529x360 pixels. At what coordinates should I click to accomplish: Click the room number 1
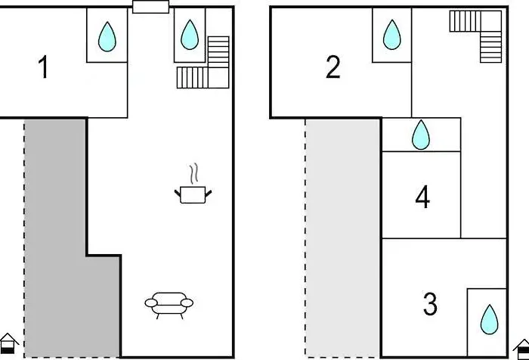tap(43, 67)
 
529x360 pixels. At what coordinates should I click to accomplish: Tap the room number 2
tap(333, 67)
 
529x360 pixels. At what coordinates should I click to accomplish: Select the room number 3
tap(430, 304)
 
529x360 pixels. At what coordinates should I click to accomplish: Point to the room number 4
tap(422, 197)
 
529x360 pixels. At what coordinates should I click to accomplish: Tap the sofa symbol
tap(169, 305)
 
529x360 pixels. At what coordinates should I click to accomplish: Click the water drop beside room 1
tap(107, 36)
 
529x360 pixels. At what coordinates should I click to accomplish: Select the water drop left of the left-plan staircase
tap(190, 35)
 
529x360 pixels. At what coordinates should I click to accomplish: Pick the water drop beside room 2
tap(392, 35)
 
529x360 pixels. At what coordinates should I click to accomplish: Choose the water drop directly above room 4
tap(421, 135)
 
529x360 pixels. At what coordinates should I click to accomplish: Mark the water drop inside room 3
tap(489, 319)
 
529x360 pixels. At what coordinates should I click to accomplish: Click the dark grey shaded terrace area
tap(56, 237)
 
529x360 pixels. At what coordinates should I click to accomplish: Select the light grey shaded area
tap(343, 237)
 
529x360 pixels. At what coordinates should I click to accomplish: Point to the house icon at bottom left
tap(8, 343)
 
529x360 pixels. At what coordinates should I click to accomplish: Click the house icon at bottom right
tap(521, 349)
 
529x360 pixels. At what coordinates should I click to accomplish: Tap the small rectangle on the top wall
tap(150, 7)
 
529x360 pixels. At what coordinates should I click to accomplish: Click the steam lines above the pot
tap(193, 174)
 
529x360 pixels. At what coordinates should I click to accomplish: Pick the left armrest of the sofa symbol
tap(151, 303)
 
